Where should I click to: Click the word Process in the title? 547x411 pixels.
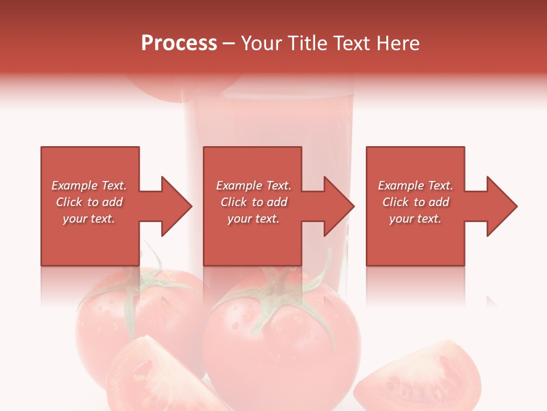(x=179, y=43)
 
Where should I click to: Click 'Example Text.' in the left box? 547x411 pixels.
(x=89, y=186)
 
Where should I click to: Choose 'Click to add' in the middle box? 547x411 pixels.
(x=254, y=202)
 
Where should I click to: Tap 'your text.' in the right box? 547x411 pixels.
(x=415, y=219)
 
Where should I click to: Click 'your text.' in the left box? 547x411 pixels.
(x=89, y=219)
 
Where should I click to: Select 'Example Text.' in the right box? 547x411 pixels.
(x=415, y=186)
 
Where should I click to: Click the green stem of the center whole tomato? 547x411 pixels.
(x=279, y=297)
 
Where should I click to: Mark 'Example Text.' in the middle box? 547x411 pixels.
(x=254, y=186)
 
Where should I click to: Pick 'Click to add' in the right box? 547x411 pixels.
(x=415, y=202)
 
